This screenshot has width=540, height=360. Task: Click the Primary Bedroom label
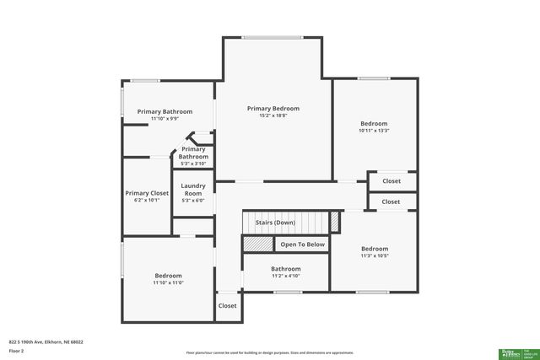(x=273, y=108)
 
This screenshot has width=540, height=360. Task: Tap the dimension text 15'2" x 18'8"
(x=273, y=116)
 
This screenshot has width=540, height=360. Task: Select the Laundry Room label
(x=193, y=189)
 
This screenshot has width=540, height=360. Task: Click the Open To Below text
(x=302, y=244)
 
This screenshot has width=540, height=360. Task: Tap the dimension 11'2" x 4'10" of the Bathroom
(x=285, y=276)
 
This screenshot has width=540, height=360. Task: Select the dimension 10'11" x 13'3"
(x=374, y=131)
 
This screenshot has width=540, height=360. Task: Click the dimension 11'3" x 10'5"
(x=375, y=255)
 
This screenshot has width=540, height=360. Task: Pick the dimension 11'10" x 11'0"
(x=168, y=282)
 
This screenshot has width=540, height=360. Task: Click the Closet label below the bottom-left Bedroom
(x=228, y=306)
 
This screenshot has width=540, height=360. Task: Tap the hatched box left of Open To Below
(x=258, y=244)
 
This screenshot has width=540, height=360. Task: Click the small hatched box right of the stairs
(x=334, y=222)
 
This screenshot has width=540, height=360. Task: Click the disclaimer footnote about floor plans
(x=269, y=352)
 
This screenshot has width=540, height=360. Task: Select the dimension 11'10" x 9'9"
(x=165, y=119)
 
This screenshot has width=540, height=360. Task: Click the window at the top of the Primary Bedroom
(x=273, y=37)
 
